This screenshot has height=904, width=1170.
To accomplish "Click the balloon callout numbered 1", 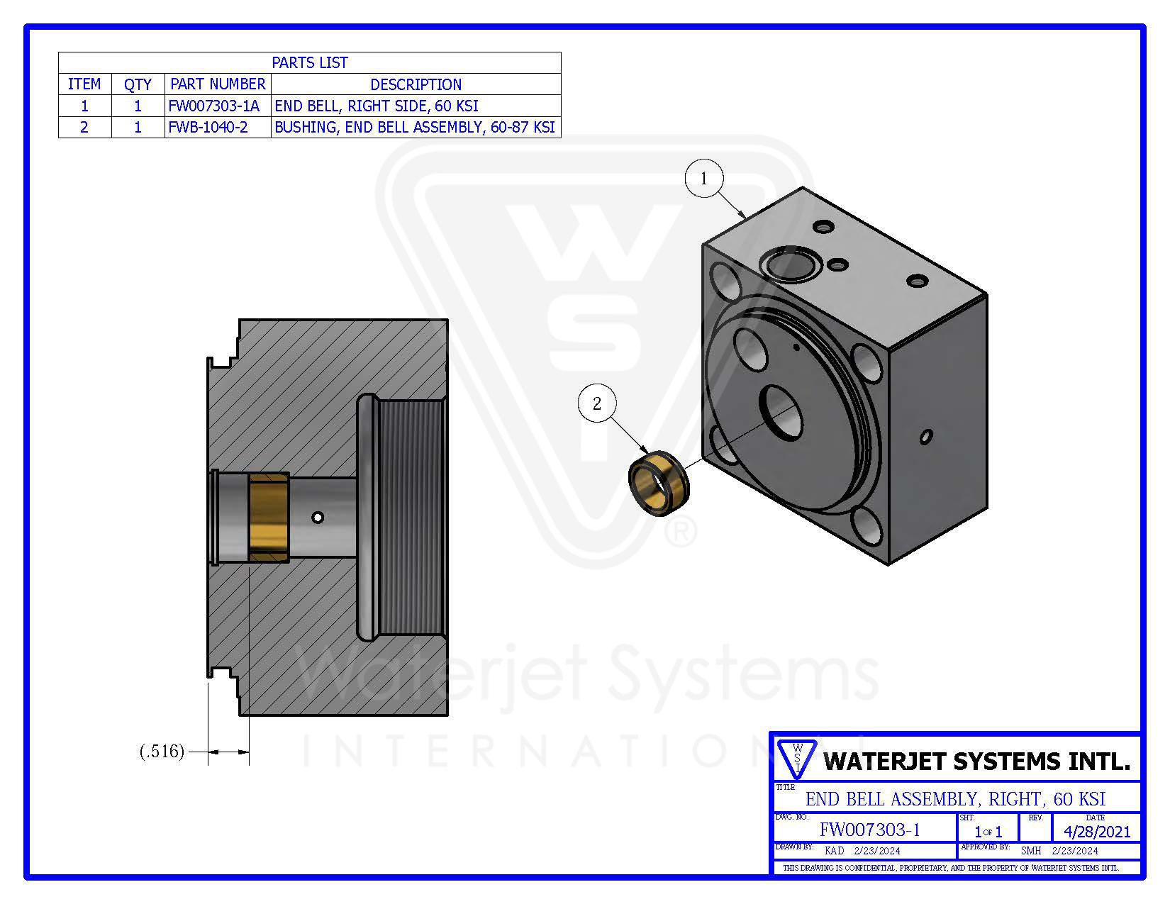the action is [x=703, y=178].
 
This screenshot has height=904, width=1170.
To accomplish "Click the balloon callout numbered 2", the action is [x=596, y=403].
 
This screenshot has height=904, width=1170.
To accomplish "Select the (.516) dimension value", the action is [x=162, y=751].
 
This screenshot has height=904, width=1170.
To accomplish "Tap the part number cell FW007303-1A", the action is [x=213, y=106].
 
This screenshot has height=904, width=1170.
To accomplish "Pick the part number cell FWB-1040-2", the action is [x=208, y=128].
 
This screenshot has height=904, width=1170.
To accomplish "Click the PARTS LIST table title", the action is [x=310, y=63].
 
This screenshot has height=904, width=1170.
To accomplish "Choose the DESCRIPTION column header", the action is [x=416, y=84].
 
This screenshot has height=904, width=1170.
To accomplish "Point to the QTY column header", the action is [x=138, y=84].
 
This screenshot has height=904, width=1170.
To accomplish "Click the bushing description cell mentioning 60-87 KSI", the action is [x=415, y=128].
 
